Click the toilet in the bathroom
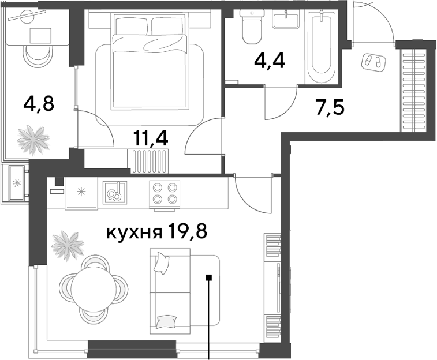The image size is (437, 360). (x=252, y=27)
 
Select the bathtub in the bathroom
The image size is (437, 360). (x=322, y=46)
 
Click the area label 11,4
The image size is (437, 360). (x=151, y=138)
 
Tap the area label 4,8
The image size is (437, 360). (x=39, y=103)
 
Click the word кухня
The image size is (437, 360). (x=135, y=232)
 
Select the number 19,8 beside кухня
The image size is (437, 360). (x=187, y=232)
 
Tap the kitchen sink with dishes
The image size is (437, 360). (x=115, y=192)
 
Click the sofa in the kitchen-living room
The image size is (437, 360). (x=185, y=291)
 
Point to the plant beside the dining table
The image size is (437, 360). (x=68, y=246)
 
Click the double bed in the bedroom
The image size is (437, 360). (x=149, y=61)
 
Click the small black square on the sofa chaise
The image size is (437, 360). (x=209, y=277)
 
